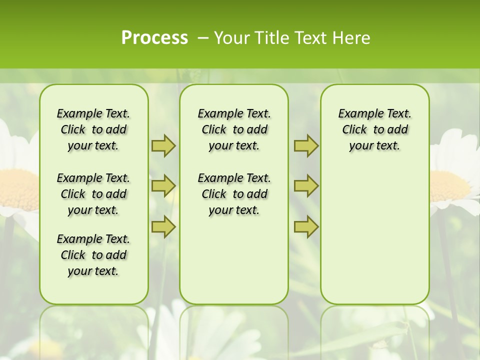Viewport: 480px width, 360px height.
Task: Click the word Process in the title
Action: pos(154,38)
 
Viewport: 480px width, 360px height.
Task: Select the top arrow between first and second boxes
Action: pos(163,145)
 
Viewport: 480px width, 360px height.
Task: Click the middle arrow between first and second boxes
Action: pos(163,186)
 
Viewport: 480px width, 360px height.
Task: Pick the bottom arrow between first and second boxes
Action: pos(163,227)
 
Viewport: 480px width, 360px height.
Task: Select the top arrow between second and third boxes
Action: pos(306,145)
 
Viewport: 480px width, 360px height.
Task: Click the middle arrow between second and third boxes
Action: pos(306,186)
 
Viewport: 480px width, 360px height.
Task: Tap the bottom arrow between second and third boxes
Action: pos(306,227)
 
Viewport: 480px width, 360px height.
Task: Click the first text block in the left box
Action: pos(93,129)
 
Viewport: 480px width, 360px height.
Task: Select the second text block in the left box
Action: pos(93,194)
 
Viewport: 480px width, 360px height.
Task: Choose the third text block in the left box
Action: pos(93,255)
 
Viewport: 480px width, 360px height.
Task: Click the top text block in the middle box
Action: pos(234,129)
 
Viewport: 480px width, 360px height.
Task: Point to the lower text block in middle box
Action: pos(234,194)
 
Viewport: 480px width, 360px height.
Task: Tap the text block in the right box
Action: pos(374,129)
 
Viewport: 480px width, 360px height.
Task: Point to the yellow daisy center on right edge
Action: pos(450,186)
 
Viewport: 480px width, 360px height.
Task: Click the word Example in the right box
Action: pos(356,114)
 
